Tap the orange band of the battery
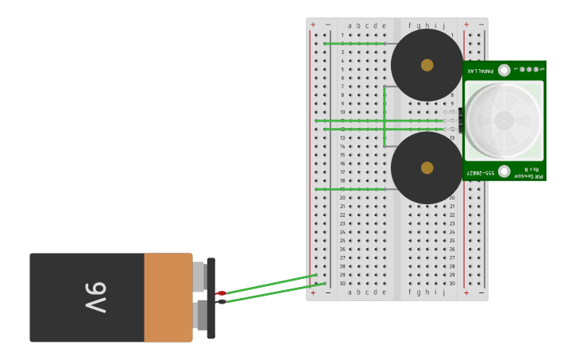point(168,298)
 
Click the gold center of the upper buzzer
point(427,65)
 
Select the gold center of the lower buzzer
point(427,168)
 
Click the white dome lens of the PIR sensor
point(504,121)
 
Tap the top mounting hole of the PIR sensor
point(504,70)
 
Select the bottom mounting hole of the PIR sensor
point(504,171)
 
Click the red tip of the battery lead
point(221,293)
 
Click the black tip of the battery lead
point(221,301)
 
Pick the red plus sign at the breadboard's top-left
point(313,25)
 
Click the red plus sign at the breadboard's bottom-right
point(466,292)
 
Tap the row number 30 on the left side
point(342,284)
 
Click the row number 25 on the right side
point(452,241)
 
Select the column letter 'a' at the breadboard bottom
point(350,292)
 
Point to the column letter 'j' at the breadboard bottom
point(444,292)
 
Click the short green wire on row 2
point(354,44)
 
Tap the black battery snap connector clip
point(211,298)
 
